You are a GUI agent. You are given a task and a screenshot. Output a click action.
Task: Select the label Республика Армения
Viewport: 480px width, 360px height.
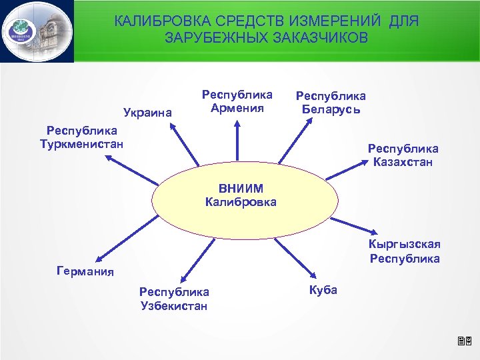pos(237,101)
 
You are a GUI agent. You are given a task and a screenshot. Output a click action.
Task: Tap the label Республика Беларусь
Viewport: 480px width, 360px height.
pos(331,103)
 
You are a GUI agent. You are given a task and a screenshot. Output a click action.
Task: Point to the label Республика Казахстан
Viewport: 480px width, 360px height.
pos(403,155)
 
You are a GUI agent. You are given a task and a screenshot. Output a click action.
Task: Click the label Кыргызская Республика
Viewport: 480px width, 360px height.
pos(404,252)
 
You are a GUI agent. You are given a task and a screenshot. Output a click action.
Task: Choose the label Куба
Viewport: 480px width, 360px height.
pos(323,290)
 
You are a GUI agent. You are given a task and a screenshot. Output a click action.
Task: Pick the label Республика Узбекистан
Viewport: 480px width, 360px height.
pos(173,299)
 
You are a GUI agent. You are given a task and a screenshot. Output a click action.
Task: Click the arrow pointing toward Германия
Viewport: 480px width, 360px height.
pos(127,247)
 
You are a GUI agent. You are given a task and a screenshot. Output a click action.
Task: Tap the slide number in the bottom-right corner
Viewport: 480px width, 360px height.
pos(465,343)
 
